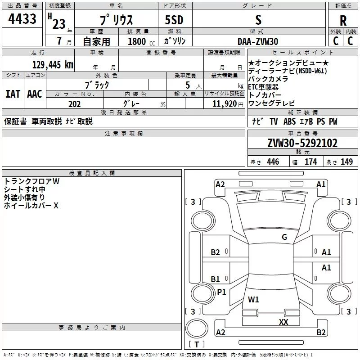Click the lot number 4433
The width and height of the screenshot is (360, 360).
click(22, 18)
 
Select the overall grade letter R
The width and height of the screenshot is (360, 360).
click(343, 21)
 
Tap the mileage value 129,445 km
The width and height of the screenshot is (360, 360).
click(53, 64)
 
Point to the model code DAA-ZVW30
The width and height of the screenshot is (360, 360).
click(258, 41)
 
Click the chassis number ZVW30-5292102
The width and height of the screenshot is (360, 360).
click(302, 143)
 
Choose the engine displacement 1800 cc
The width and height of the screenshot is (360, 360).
click(141, 41)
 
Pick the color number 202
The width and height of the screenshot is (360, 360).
click(74, 104)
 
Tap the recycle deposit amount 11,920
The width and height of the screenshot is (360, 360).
click(224, 103)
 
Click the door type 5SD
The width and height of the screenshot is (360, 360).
click(174, 20)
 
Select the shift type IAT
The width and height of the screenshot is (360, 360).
click(13, 94)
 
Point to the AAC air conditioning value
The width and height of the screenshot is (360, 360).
click(35, 94)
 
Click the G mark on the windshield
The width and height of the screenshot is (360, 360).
click(284, 237)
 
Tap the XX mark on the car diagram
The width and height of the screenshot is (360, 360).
click(283, 322)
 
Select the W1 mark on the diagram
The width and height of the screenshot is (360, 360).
click(253, 299)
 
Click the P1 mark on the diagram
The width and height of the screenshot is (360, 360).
click(221, 292)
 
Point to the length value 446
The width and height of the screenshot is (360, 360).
click(273, 162)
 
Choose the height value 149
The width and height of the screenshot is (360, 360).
click(346, 162)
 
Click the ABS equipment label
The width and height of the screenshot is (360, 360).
click(289, 121)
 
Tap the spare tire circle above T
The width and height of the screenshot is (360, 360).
click(197, 328)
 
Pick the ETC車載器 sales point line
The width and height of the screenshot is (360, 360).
click(263, 87)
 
